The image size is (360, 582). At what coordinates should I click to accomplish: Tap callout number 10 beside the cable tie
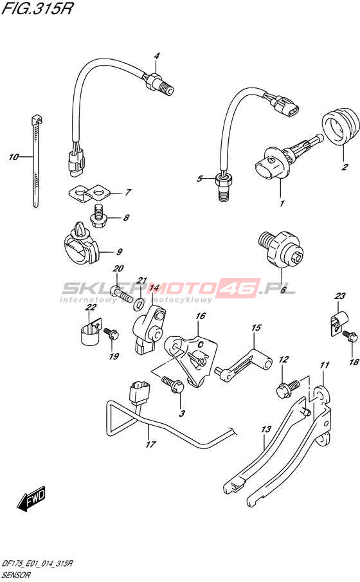pyautogui.click(x=14, y=158)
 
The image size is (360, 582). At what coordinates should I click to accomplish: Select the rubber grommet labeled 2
pyautogui.click(x=341, y=127)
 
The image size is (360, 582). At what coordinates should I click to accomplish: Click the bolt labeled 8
pyautogui.click(x=98, y=216)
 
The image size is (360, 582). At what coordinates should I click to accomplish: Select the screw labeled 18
pyautogui.click(x=350, y=336)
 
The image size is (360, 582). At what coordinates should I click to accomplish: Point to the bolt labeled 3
pyautogui.click(x=172, y=384)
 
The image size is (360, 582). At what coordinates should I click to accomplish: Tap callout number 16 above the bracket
pyautogui.click(x=200, y=316)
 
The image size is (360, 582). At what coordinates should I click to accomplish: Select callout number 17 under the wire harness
pyautogui.click(x=150, y=444)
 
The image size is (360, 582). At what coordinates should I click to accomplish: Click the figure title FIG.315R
pyautogui.click(x=37, y=8)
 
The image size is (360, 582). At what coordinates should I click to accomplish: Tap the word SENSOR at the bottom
pyautogui.click(x=17, y=576)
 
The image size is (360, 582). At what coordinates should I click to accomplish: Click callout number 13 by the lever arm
pyautogui.click(x=266, y=430)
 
